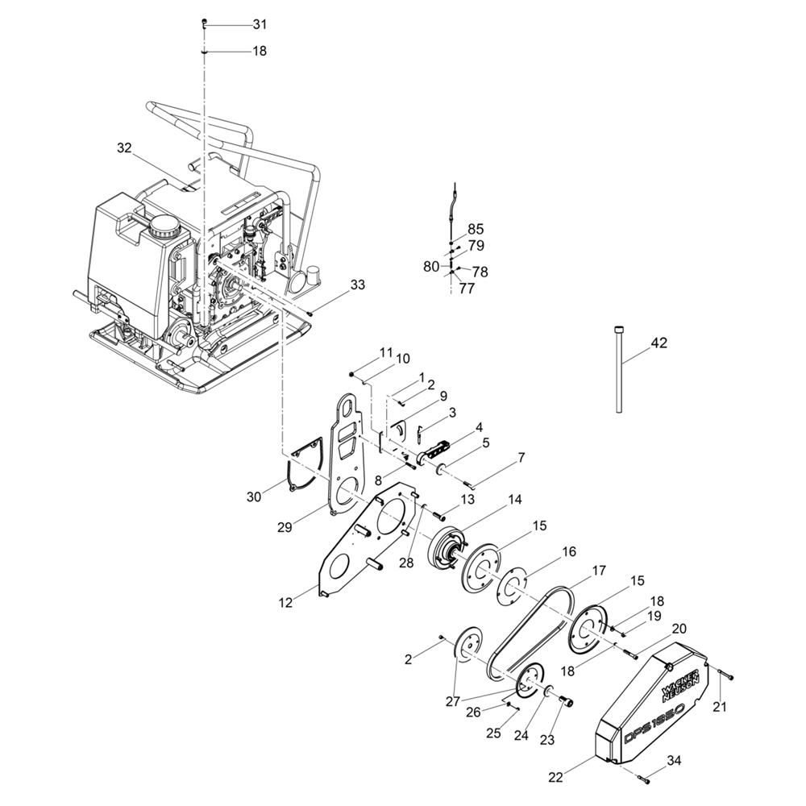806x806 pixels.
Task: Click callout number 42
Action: coord(659,343)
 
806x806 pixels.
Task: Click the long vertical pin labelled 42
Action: coord(619,369)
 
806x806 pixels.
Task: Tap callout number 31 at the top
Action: coord(260,24)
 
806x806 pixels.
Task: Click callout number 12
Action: coord(285,602)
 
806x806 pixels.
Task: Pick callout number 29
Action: coord(285,527)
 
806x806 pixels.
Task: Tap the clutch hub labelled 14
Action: coord(447,548)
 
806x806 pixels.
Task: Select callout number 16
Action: coord(569,551)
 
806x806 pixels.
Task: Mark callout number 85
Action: coord(476,229)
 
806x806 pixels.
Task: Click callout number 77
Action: coord(467,289)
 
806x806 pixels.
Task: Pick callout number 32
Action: coord(124,148)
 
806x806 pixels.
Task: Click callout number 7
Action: coord(521,458)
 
